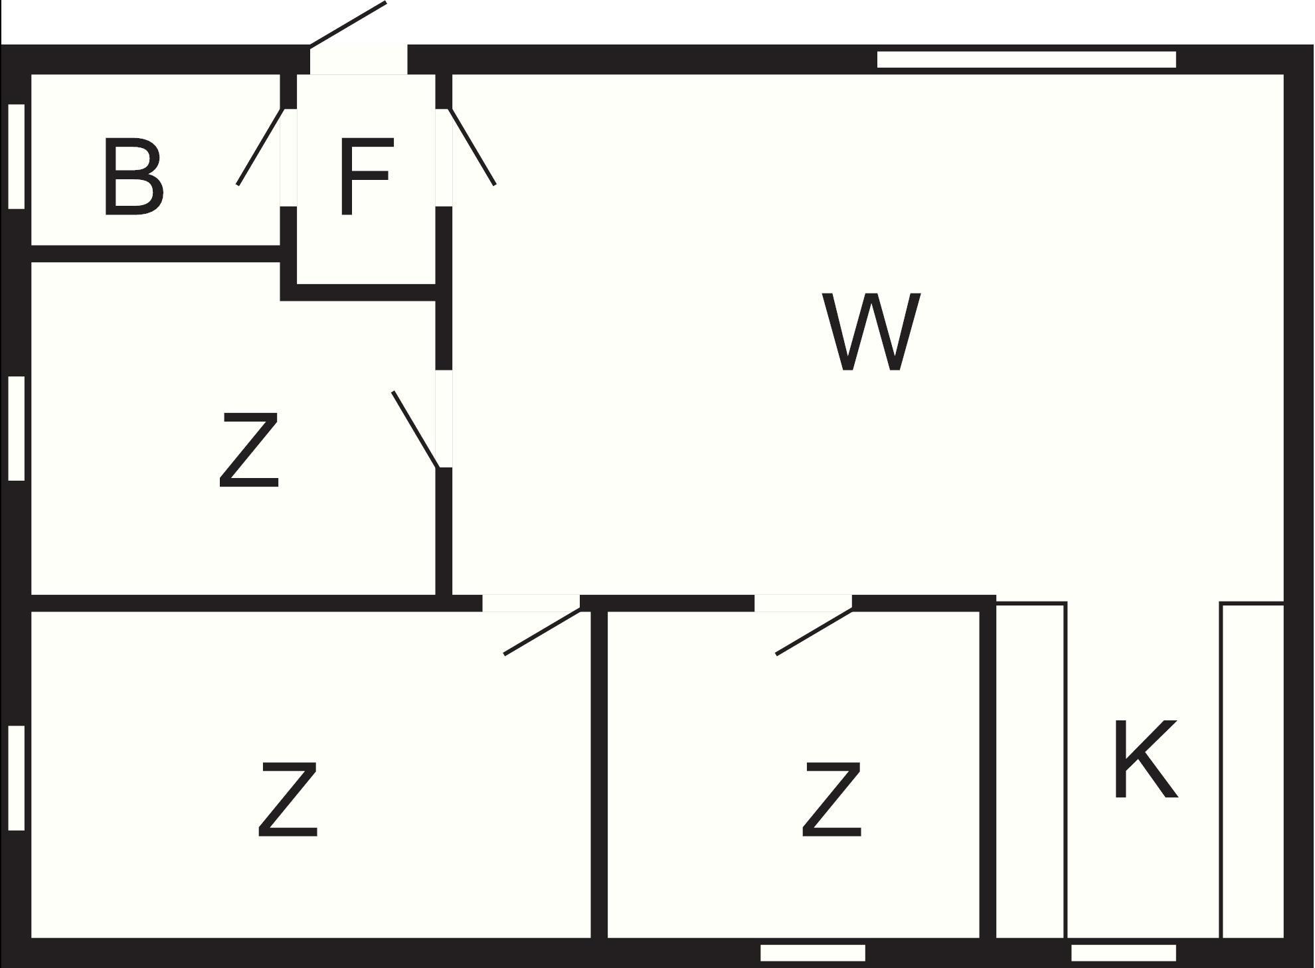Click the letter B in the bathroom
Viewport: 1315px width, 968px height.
pos(133,177)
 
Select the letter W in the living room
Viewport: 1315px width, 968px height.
pos(871,331)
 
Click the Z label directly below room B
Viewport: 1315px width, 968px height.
pos(249,450)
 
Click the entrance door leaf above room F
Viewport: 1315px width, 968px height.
pos(348,24)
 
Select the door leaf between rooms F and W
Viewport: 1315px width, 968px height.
pos(472,147)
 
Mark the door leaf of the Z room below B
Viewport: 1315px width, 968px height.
pos(415,430)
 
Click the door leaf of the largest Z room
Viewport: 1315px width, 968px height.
pos(543,632)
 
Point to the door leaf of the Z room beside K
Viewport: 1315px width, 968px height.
pos(814,632)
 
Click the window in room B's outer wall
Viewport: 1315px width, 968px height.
pos(17,156)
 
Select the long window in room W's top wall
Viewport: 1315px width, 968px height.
pos(1026,60)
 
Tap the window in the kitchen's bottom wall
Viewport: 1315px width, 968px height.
pos(1123,953)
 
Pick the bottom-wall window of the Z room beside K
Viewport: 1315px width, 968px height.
pos(812,953)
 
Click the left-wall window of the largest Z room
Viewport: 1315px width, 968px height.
pos(17,777)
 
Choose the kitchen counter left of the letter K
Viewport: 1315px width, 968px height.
pos(1031,770)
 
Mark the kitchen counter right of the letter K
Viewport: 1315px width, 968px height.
pos(1253,770)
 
